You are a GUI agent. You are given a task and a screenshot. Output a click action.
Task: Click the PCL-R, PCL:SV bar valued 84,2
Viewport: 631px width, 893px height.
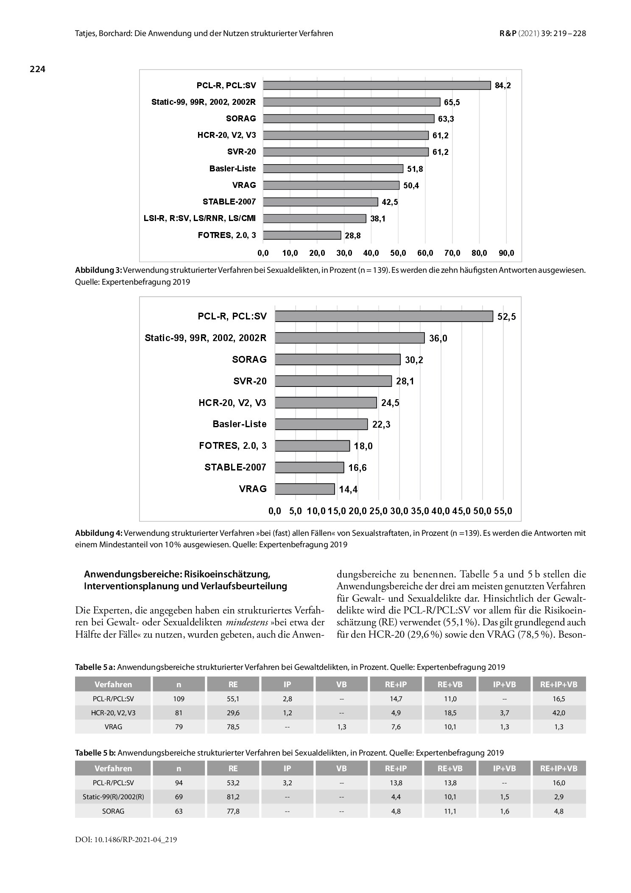point(377,85)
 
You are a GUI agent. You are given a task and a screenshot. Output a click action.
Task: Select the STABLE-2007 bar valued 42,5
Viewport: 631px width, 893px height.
point(320,202)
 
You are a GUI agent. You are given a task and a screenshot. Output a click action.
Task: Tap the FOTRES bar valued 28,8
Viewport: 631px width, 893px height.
point(302,235)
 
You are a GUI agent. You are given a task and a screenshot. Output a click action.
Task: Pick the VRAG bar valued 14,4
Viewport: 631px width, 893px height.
point(304,489)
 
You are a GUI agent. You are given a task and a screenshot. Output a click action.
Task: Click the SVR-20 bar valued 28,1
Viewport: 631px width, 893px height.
point(333,381)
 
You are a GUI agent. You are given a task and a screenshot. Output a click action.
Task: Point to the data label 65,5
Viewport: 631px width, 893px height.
point(452,102)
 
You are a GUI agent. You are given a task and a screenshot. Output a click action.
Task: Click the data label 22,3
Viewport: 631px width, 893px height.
point(381,424)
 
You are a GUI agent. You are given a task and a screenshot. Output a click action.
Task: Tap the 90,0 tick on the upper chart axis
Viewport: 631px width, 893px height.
point(506,253)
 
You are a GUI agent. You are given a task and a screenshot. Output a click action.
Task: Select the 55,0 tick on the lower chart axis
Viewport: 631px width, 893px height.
point(503,511)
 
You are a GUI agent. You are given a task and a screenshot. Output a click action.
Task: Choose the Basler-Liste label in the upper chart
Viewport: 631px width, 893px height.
point(233,169)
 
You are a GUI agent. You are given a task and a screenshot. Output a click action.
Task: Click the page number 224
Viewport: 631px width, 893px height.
point(37,69)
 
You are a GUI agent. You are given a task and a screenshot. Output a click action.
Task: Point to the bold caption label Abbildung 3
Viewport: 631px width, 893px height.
point(98,270)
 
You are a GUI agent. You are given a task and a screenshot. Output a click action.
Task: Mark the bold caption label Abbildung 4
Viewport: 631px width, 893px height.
point(99,533)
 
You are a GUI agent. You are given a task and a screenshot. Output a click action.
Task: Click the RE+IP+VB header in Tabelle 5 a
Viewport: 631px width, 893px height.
point(559,684)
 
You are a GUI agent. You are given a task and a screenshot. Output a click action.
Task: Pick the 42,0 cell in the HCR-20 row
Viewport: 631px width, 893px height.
point(559,713)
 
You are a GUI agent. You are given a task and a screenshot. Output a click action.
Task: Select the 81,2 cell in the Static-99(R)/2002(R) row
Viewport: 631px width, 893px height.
point(233,797)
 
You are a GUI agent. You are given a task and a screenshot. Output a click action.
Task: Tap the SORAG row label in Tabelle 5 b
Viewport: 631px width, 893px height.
point(113,811)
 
